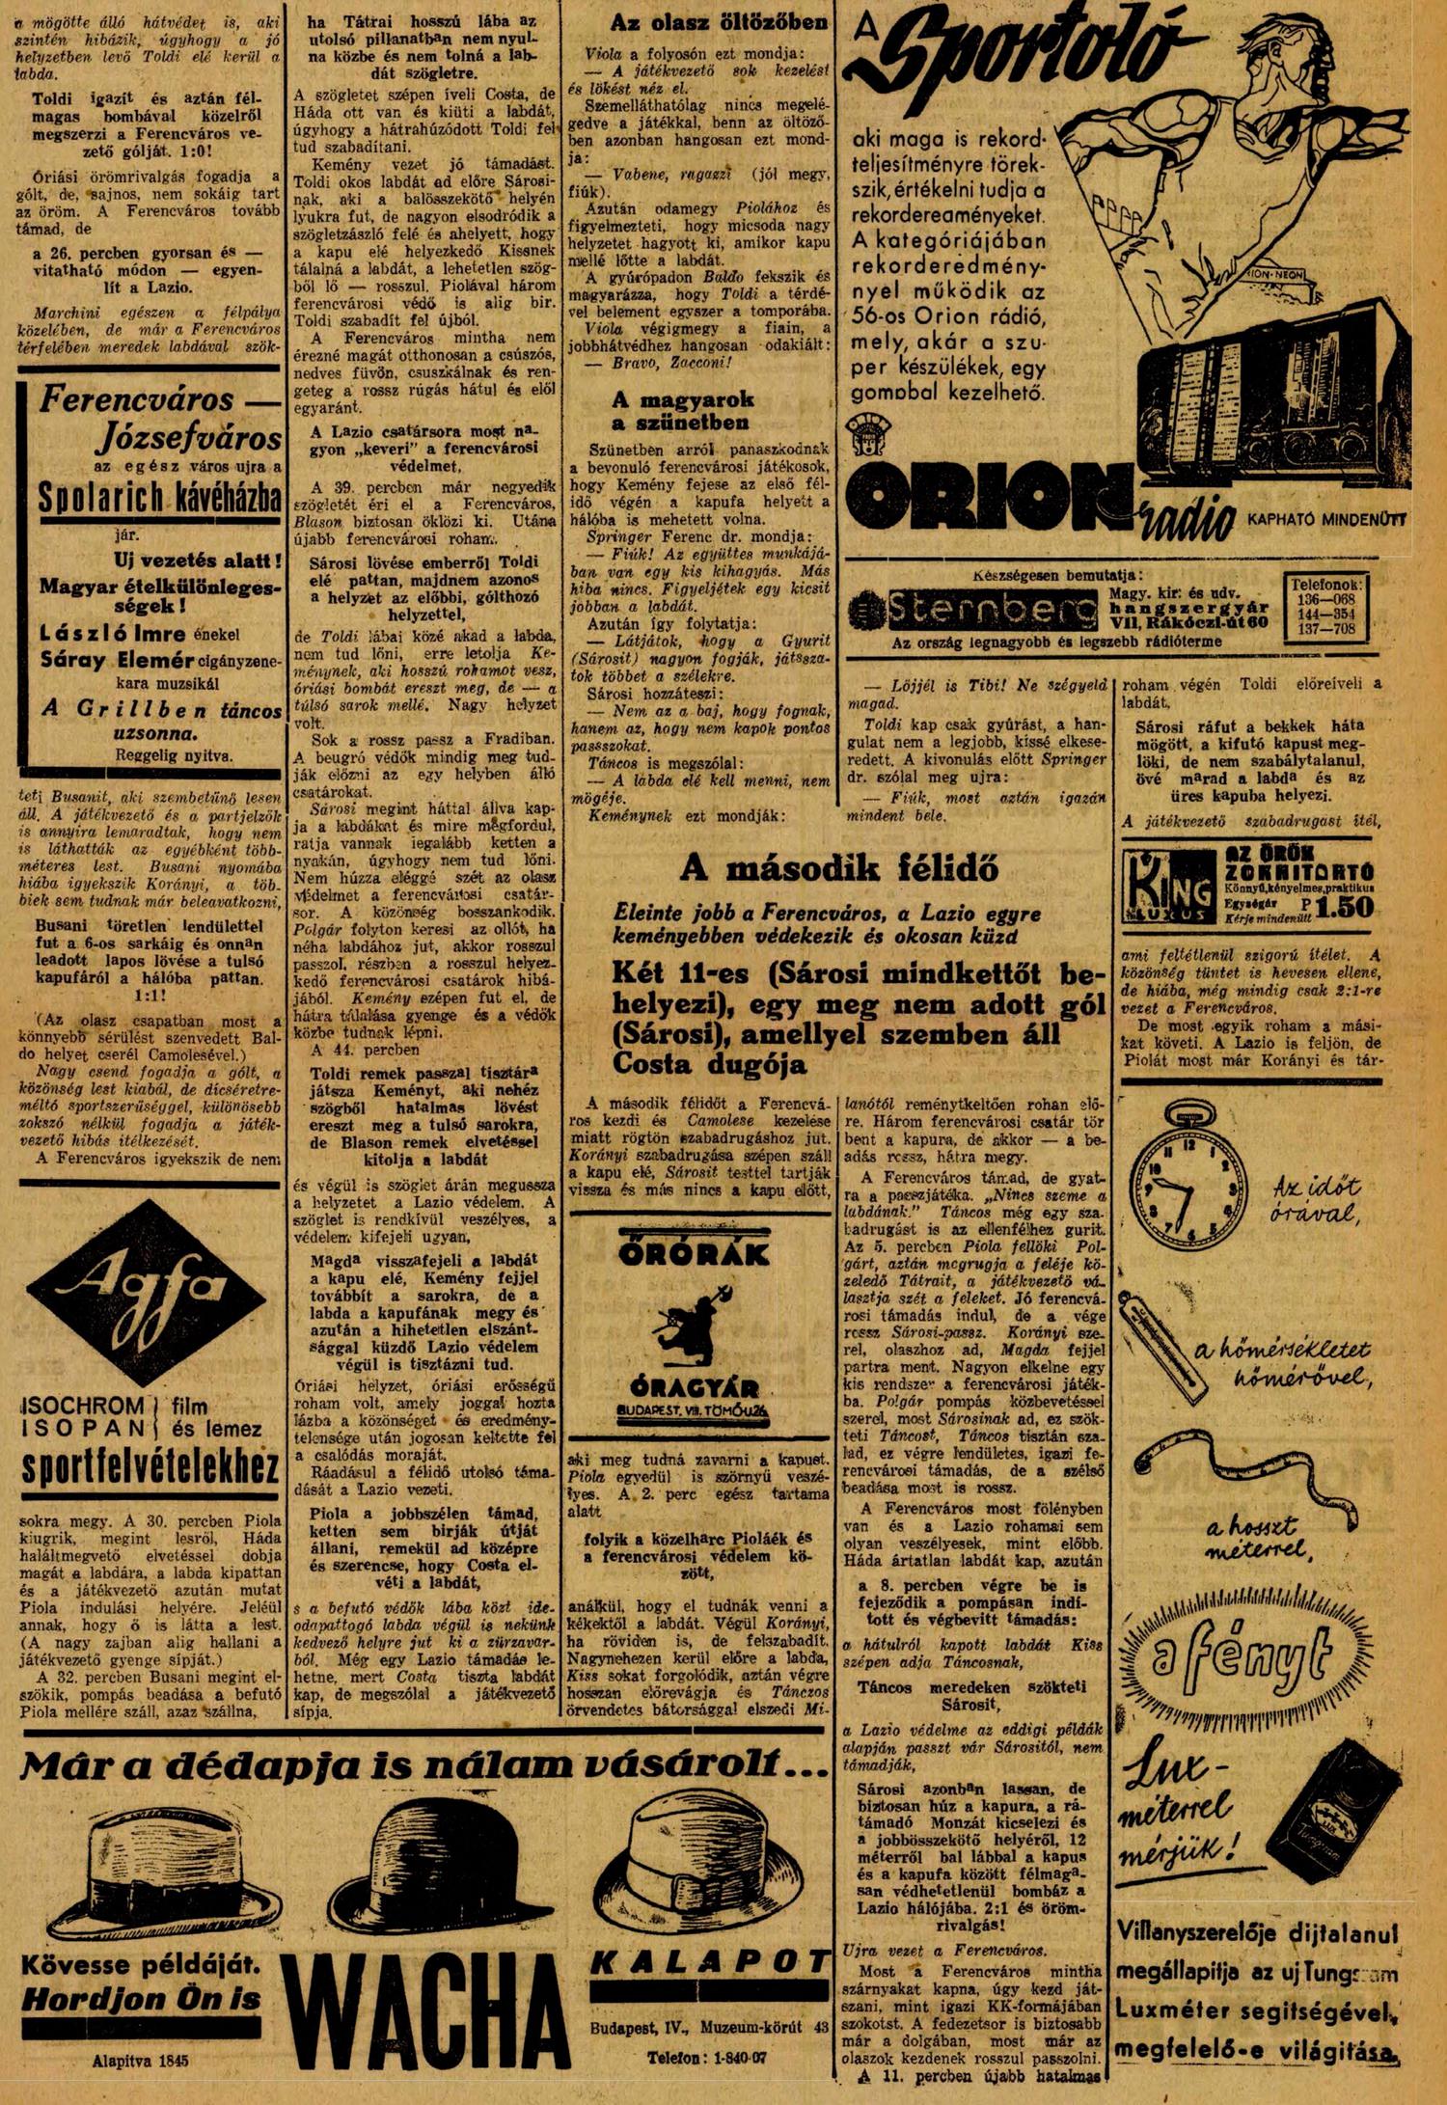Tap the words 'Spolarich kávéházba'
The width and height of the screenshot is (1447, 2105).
coord(160,498)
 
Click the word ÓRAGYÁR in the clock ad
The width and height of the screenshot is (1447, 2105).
coord(694,1389)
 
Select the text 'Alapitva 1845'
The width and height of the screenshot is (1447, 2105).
coord(142,2059)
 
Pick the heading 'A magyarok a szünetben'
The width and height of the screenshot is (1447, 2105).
coord(682,411)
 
